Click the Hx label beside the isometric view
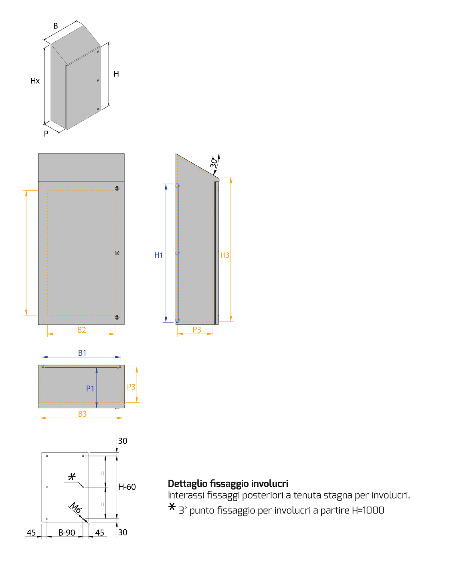click(35, 81)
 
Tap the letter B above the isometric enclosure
click(56, 26)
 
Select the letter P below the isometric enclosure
click(46, 134)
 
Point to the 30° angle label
click(214, 162)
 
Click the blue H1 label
click(159, 255)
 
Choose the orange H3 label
click(225, 255)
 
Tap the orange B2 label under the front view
click(82, 330)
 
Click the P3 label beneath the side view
click(197, 330)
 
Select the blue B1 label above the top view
click(82, 353)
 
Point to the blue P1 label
click(90, 389)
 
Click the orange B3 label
click(82, 414)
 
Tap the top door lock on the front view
click(117, 188)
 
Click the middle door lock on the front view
click(117, 253)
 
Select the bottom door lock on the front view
click(117, 317)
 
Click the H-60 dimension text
click(127, 487)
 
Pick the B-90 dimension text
click(67, 533)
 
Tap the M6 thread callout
click(76, 508)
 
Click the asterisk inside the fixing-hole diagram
click(72, 477)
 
